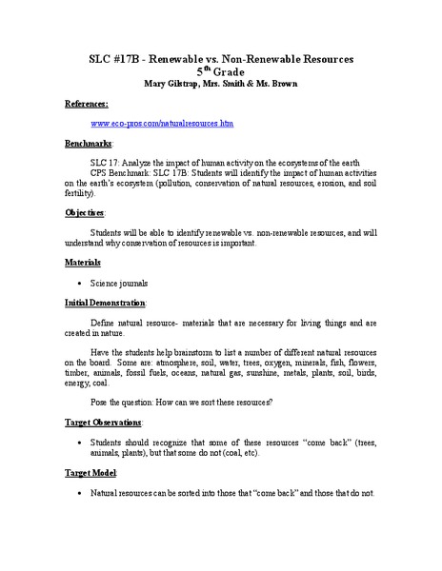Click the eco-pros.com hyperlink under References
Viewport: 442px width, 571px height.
click(x=162, y=124)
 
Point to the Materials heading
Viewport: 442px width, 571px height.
click(x=83, y=261)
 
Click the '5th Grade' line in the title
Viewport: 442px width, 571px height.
click(x=220, y=70)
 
